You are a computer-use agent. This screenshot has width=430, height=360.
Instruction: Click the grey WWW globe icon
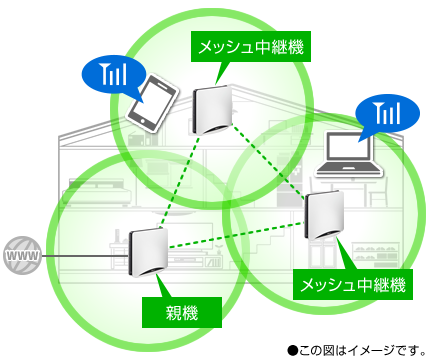click(x=21, y=258)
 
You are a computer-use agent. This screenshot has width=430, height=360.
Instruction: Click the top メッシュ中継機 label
click(x=250, y=45)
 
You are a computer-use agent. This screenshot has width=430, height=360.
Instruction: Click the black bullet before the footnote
click(x=292, y=349)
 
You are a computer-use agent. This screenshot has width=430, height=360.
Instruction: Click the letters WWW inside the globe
click(x=21, y=258)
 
